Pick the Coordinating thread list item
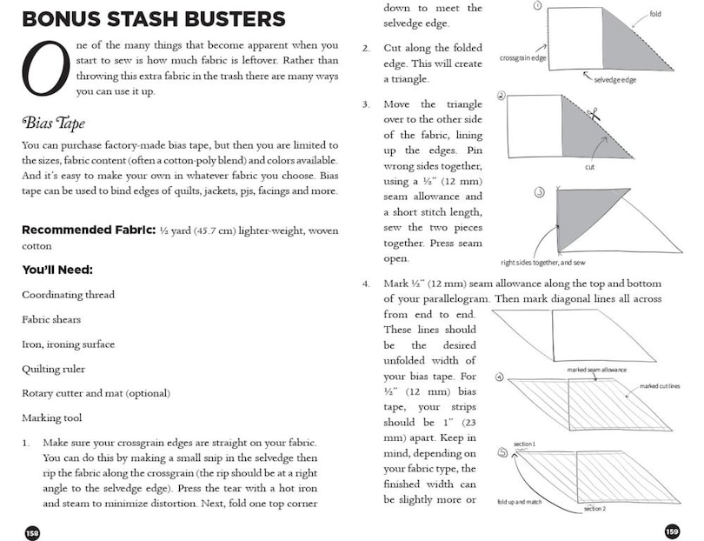[68, 295]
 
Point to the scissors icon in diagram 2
[594, 114]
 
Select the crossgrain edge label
[523, 59]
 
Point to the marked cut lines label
[660, 385]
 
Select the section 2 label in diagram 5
[594, 508]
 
